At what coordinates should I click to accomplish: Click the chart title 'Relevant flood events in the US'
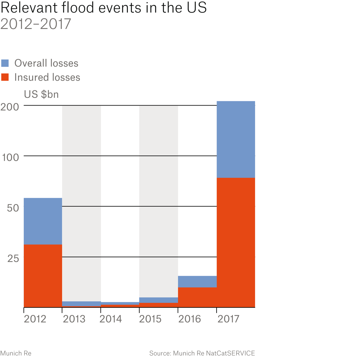click(x=103, y=8)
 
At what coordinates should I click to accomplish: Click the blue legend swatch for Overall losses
click(x=5, y=63)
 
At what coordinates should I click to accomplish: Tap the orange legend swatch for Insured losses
click(x=5, y=77)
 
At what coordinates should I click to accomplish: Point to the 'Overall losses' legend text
click(x=46, y=63)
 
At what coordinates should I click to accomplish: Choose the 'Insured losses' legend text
click(x=47, y=77)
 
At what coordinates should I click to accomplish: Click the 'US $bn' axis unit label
click(x=41, y=94)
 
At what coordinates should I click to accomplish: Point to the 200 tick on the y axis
click(x=10, y=107)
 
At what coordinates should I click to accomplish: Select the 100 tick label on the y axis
click(x=10, y=158)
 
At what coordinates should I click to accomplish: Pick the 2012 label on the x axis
click(x=35, y=319)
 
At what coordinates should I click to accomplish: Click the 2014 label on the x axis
click(x=111, y=319)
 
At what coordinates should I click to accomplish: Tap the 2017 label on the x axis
click(x=229, y=319)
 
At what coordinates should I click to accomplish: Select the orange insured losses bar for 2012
click(x=43, y=276)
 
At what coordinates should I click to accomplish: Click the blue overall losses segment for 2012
click(x=43, y=221)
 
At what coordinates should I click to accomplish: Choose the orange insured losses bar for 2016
click(x=197, y=297)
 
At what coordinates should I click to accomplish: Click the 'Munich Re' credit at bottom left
click(x=16, y=353)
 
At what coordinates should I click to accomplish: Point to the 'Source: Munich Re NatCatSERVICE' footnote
click(x=202, y=353)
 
